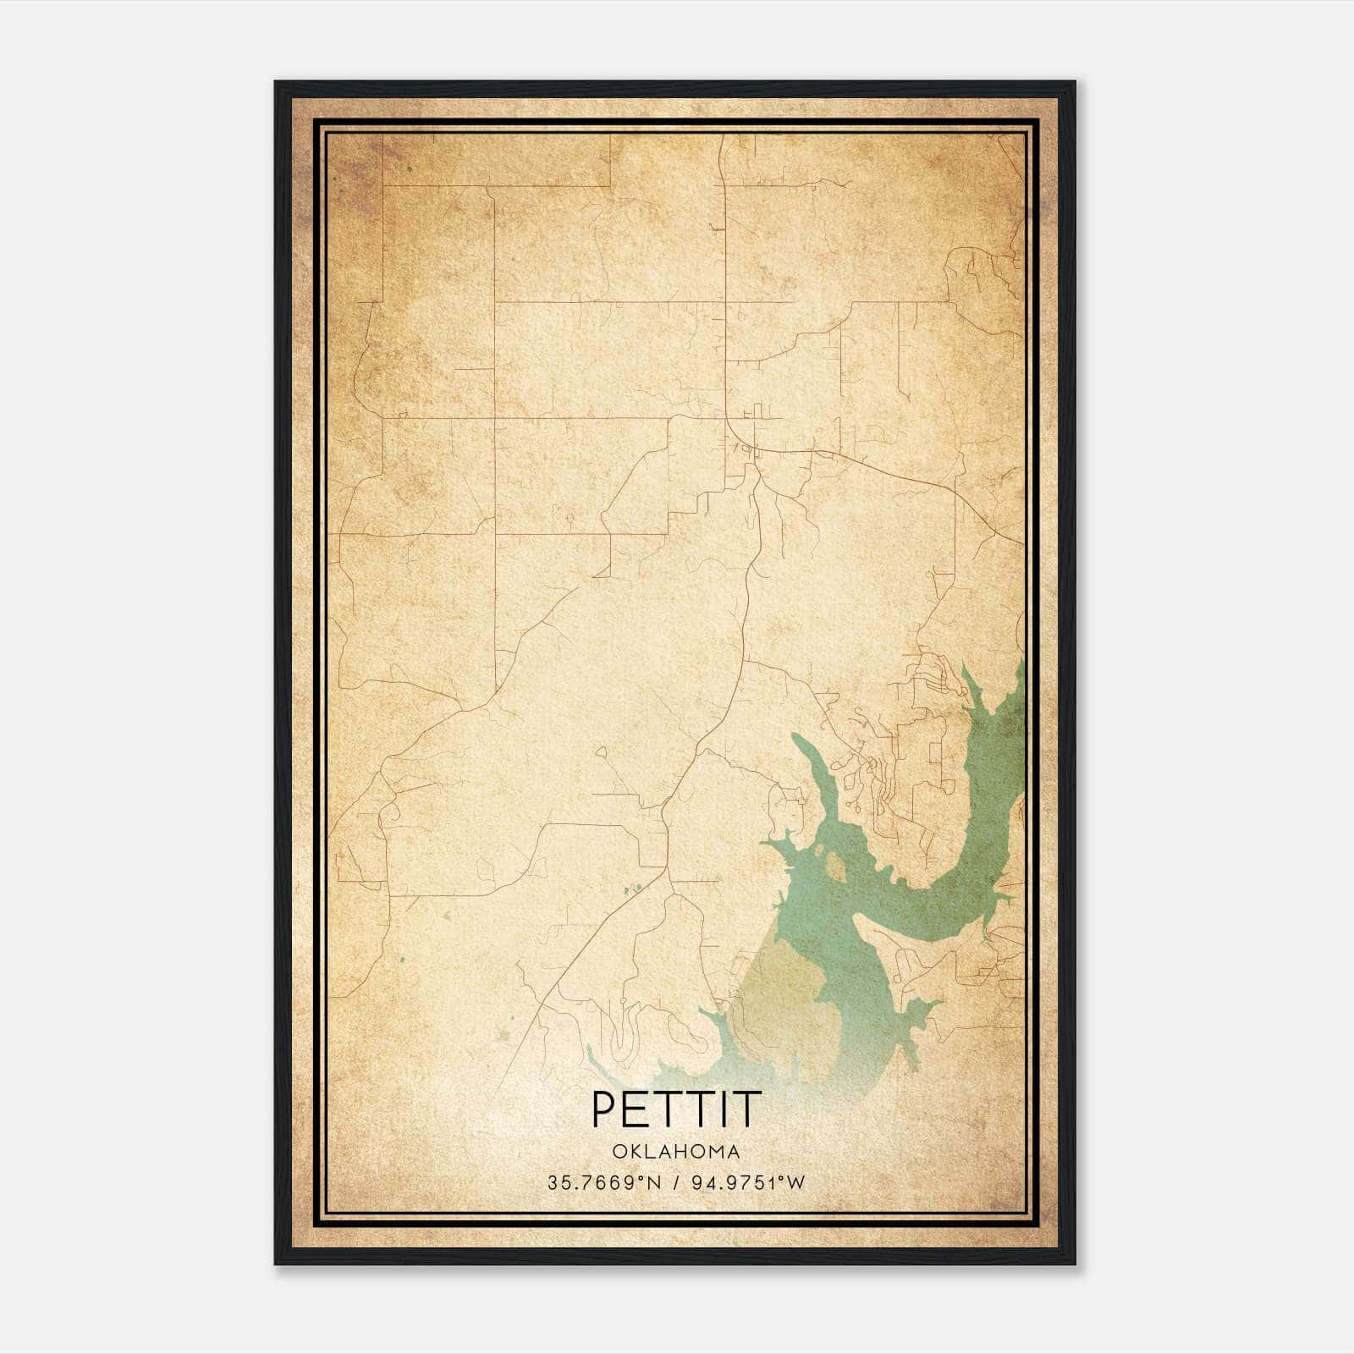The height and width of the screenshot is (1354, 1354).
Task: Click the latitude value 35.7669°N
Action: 602,1182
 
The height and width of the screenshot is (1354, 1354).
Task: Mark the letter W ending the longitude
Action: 796,1182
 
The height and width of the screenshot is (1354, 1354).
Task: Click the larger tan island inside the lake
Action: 834,865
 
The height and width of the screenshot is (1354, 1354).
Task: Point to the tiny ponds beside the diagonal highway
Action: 631,889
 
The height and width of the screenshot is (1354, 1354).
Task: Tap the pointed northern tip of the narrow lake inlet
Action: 795,738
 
